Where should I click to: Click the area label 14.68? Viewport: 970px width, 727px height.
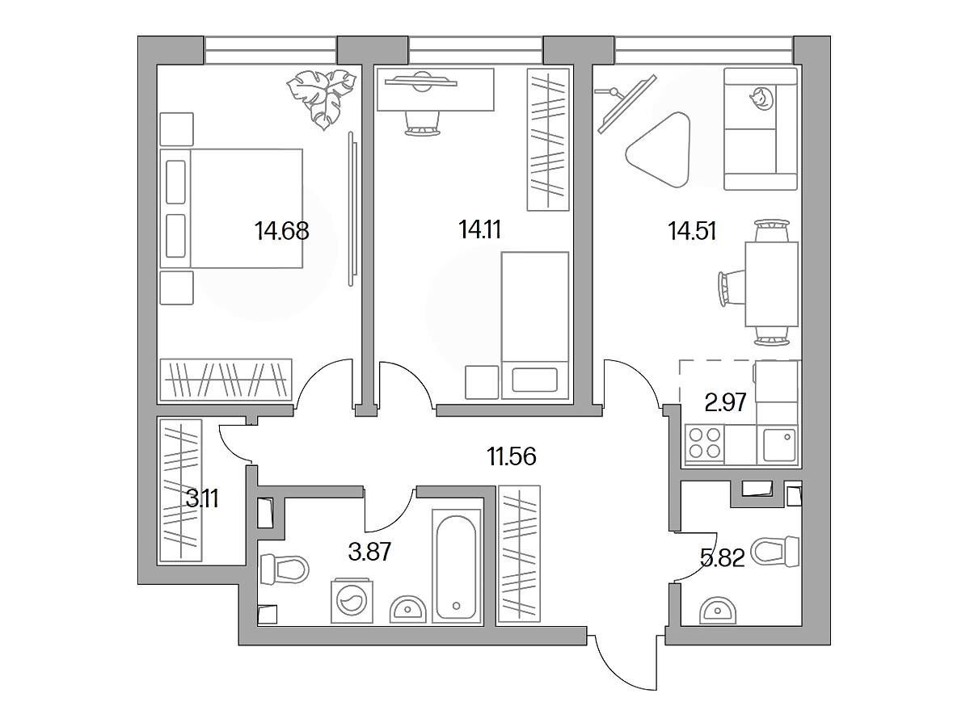pyautogui.click(x=281, y=231)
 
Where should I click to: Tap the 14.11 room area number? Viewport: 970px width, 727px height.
pyautogui.click(x=479, y=229)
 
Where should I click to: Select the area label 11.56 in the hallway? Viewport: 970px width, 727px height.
pyautogui.click(x=512, y=456)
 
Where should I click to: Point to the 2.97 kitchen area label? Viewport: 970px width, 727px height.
pyautogui.click(x=725, y=402)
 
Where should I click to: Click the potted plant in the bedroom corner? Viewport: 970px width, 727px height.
pyautogui.click(x=321, y=99)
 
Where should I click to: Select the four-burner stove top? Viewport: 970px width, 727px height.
pyautogui.click(x=704, y=443)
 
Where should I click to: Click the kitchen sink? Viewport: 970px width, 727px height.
pyautogui.click(x=778, y=445)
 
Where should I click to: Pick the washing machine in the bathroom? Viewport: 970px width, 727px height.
pyautogui.click(x=352, y=602)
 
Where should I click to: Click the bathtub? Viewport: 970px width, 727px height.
pyautogui.click(x=457, y=566)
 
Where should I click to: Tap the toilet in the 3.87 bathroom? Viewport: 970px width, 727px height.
pyautogui.click(x=285, y=569)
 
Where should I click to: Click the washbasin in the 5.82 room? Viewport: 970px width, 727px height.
pyautogui.click(x=718, y=611)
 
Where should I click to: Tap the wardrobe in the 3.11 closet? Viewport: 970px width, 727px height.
pyautogui.click(x=180, y=490)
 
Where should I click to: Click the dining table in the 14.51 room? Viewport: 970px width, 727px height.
pyautogui.click(x=772, y=284)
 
